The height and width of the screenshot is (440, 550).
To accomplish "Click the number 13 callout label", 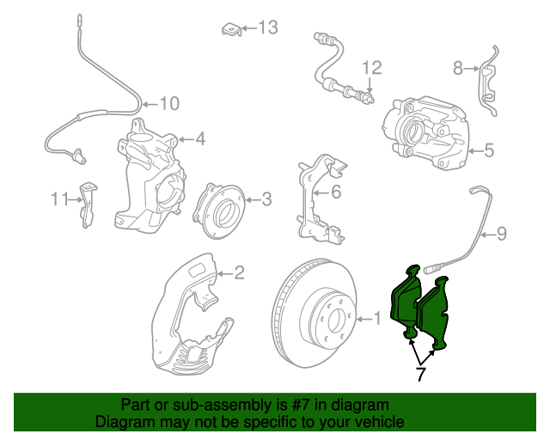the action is (x=268, y=27).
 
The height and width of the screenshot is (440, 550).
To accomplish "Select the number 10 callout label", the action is (x=170, y=103).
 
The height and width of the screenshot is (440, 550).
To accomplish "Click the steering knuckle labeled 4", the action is (x=149, y=175).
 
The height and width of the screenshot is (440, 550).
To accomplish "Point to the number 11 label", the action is (x=60, y=199).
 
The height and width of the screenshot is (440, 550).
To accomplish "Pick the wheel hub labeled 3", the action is (x=218, y=211).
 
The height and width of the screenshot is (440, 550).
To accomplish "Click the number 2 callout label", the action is (x=240, y=272).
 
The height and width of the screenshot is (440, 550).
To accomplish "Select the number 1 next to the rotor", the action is (x=377, y=319).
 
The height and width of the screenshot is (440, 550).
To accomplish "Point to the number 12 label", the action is (x=372, y=68).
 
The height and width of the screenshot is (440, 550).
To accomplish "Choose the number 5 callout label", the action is (x=489, y=150).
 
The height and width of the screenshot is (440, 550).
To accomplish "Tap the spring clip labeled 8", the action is (x=488, y=82).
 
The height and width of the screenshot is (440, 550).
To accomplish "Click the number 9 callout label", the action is (x=502, y=234).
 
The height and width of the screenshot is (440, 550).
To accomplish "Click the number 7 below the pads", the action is (x=421, y=374).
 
